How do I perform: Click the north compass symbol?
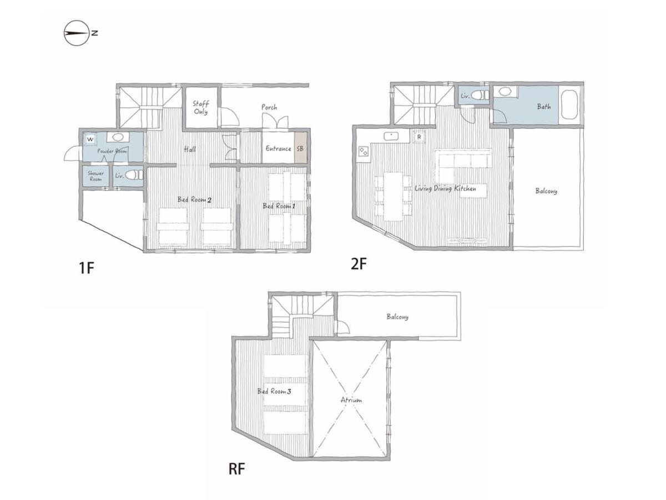[x=77, y=33]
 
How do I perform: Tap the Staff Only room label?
[x=200, y=107]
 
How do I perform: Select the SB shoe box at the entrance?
[x=300, y=148]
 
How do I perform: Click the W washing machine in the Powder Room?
[x=90, y=139]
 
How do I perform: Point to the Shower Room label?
[x=95, y=176]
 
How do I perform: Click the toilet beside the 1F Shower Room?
[x=134, y=175]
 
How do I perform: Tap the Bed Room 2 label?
[x=194, y=199]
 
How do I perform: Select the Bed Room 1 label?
[x=279, y=206]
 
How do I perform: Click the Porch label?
[x=269, y=107]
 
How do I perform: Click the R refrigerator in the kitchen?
[x=418, y=136]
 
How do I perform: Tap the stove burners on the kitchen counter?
[x=363, y=151]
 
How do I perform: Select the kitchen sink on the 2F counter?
[x=391, y=136]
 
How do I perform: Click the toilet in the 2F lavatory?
[x=480, y=95]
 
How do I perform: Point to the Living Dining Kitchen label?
[x=445, y=188]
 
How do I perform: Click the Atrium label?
[x=351, y=400]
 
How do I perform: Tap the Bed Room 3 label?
[x=274, y=391]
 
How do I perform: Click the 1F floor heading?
[x=87, y=268]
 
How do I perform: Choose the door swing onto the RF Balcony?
[x=343, y=327]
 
